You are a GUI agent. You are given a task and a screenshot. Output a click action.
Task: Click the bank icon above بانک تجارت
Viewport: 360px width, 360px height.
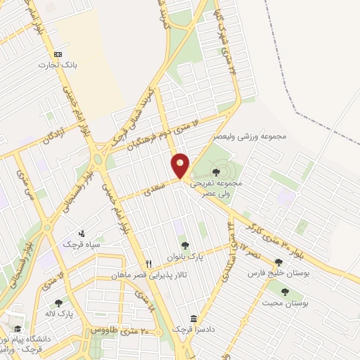[x=58, y=54]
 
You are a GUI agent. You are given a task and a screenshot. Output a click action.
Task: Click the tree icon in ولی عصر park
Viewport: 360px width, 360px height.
[x=215, y=171]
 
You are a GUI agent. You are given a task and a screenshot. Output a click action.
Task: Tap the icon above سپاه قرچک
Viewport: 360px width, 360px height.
[x=82, y=233]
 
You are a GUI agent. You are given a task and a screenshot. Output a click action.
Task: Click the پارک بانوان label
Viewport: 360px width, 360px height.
[x=185, y=257]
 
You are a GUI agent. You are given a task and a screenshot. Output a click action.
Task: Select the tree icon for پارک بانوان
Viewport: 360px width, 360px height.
[x=184, y=246]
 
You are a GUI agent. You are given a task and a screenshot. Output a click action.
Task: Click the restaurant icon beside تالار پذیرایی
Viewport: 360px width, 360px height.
[x=149, y=264]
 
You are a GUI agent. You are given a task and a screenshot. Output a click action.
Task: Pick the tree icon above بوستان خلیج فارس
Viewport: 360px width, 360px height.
[x=278, y=262]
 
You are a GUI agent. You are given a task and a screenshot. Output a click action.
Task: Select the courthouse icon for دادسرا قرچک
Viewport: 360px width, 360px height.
[x=194, y=318]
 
